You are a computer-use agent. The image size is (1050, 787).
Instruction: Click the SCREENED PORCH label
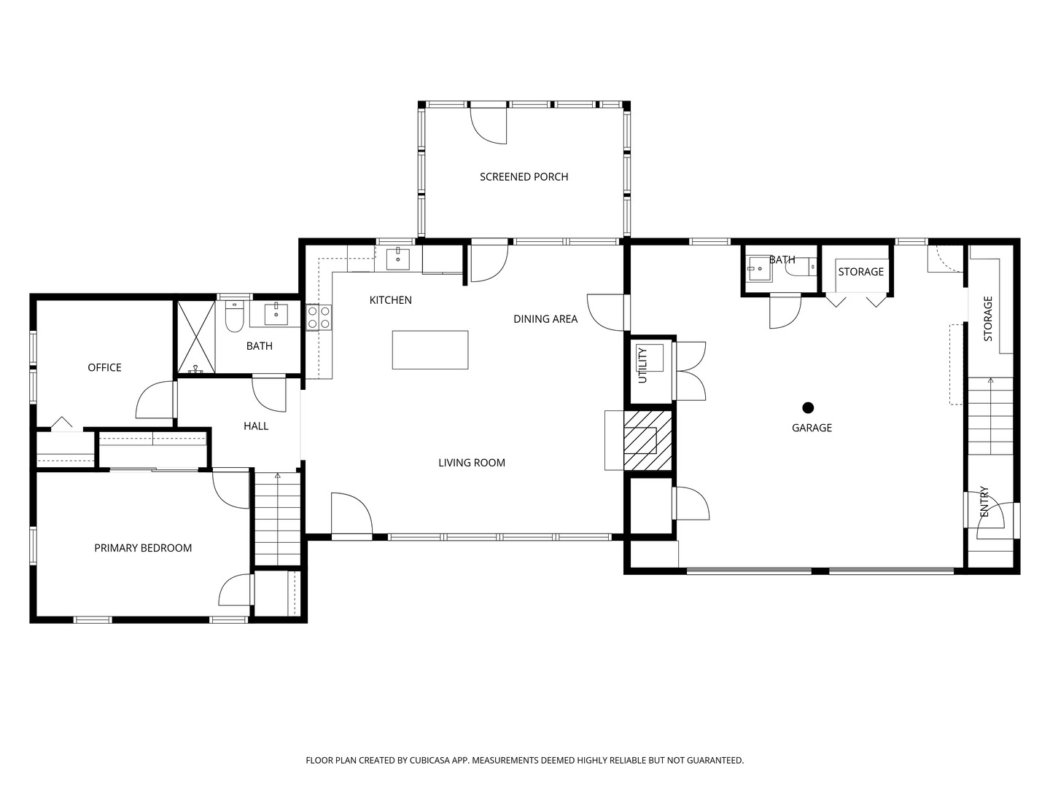click(524, 177)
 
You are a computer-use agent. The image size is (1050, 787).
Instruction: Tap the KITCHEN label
click(390, 300)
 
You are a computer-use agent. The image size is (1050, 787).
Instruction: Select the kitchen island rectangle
click(430, 350)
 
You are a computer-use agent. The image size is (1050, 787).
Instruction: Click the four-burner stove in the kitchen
click(319, 317)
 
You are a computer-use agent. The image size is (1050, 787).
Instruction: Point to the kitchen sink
click(397, 258)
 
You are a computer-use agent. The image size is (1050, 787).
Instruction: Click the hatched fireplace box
click(646, 439)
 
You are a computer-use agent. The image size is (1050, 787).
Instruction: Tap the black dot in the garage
click(808, 408)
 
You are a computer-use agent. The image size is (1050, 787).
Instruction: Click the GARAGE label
click(812, 428)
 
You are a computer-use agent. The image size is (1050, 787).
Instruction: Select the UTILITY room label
click(642, 365)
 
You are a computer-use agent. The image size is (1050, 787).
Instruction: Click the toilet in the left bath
click(234, 318)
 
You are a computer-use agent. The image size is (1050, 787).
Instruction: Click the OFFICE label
click(104, 368)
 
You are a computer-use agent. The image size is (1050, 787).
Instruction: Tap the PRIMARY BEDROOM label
click(143, 549)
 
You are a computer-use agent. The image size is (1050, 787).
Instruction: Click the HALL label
click(256, 426)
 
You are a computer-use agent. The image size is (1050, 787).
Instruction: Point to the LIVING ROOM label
click(471, 463)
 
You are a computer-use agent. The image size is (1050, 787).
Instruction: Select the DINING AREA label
click(545, 319)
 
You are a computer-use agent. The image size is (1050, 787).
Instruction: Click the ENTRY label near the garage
click(984, 502)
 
